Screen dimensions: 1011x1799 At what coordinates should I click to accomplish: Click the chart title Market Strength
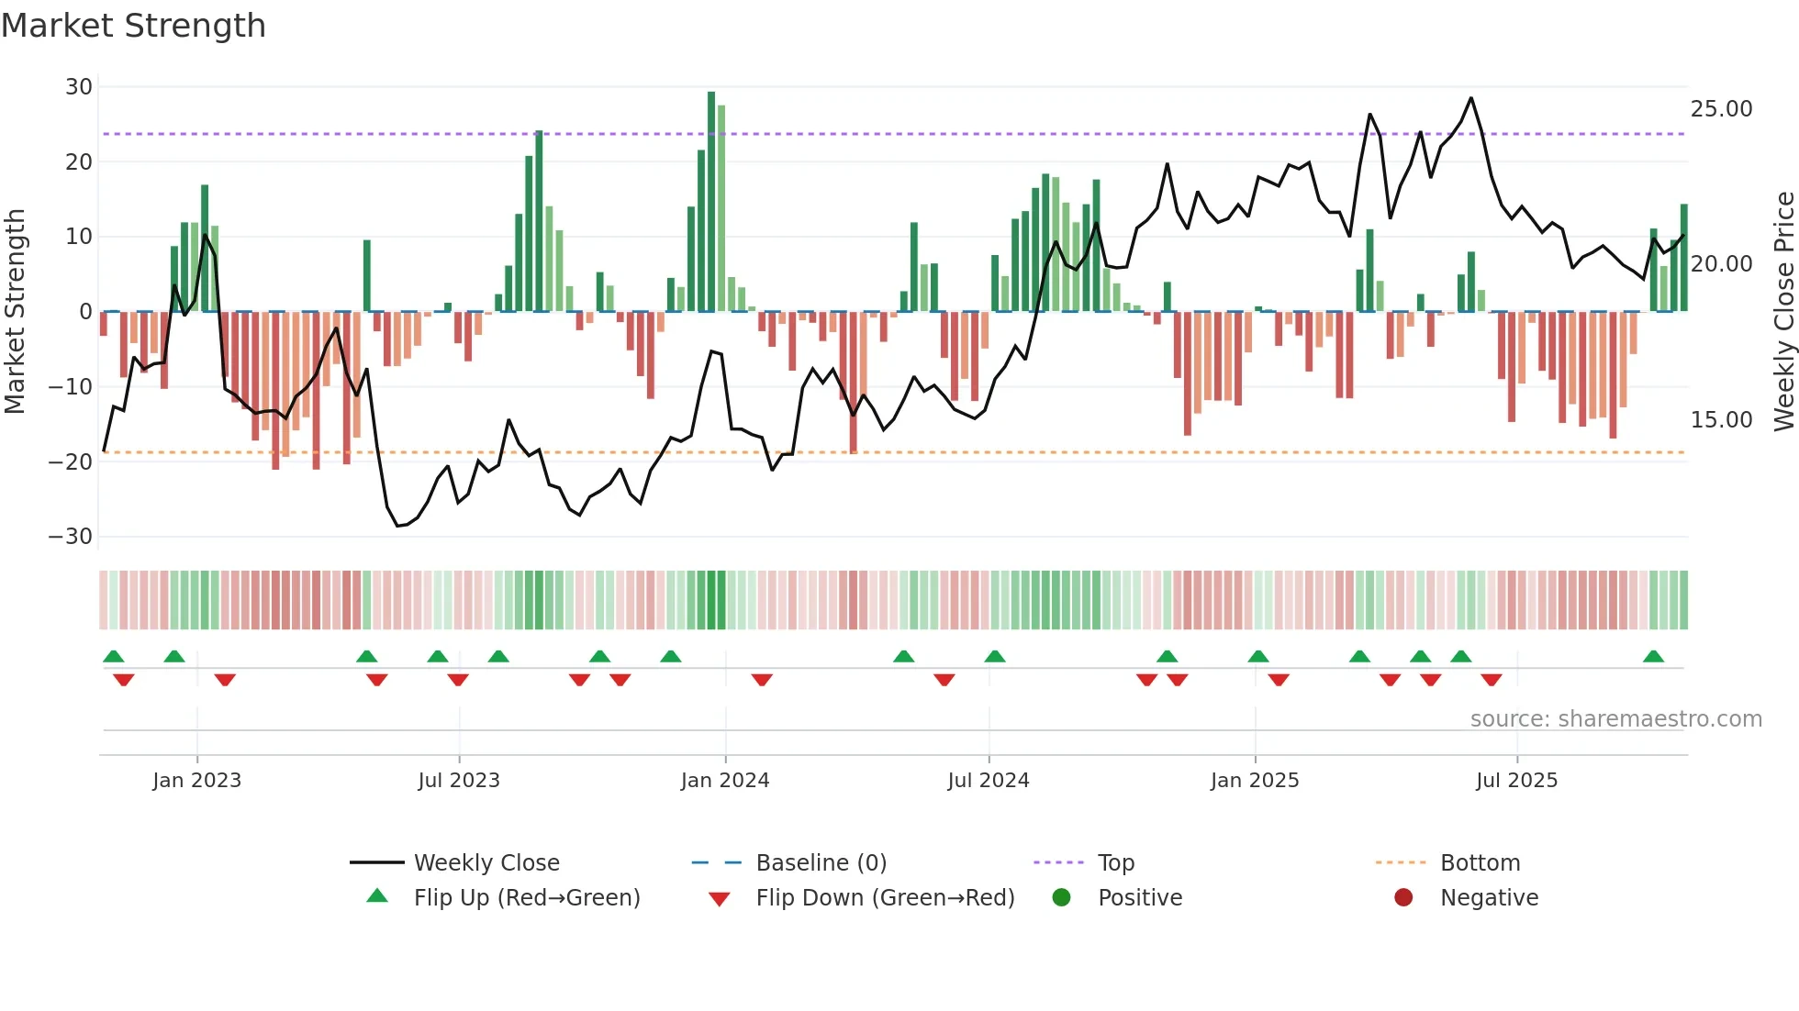coord(133,26)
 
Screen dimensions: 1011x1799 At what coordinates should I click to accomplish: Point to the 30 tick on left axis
coord(79,87)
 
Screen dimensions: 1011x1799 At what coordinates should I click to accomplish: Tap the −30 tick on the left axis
coord(71,536)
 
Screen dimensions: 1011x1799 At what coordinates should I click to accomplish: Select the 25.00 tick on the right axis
coord(1721,109)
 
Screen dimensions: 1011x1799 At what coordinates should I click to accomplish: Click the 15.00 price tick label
coord(1721,420)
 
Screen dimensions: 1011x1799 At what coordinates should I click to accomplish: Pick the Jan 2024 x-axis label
coord(724,781)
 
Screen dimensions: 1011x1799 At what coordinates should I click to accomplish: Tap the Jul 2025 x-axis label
coord(1516,781)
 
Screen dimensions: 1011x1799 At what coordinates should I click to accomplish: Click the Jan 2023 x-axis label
coord(196,781)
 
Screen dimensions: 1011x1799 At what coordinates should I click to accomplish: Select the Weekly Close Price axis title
coord(1783,312)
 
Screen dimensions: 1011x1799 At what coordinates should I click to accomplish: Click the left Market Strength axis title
coord(15,312)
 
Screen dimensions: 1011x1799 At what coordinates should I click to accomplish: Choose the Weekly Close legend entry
coord(486,863)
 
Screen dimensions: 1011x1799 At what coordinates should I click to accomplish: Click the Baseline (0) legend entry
coord(821,863)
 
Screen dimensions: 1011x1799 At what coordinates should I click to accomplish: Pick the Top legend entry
coord(1115,863)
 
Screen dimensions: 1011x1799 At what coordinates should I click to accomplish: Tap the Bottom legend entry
coord(1480,863)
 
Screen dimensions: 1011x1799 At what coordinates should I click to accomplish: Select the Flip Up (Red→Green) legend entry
coord(526,898)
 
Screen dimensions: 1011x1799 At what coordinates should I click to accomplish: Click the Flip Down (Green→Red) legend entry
coord(885,898)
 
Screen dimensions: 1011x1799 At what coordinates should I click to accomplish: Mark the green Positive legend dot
coord(1062,898)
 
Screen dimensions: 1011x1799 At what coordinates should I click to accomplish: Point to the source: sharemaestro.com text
coord(1615,719)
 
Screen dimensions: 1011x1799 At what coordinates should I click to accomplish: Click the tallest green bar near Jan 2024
coord(711,202)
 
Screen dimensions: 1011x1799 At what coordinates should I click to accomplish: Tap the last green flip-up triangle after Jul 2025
coord(1653,657)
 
